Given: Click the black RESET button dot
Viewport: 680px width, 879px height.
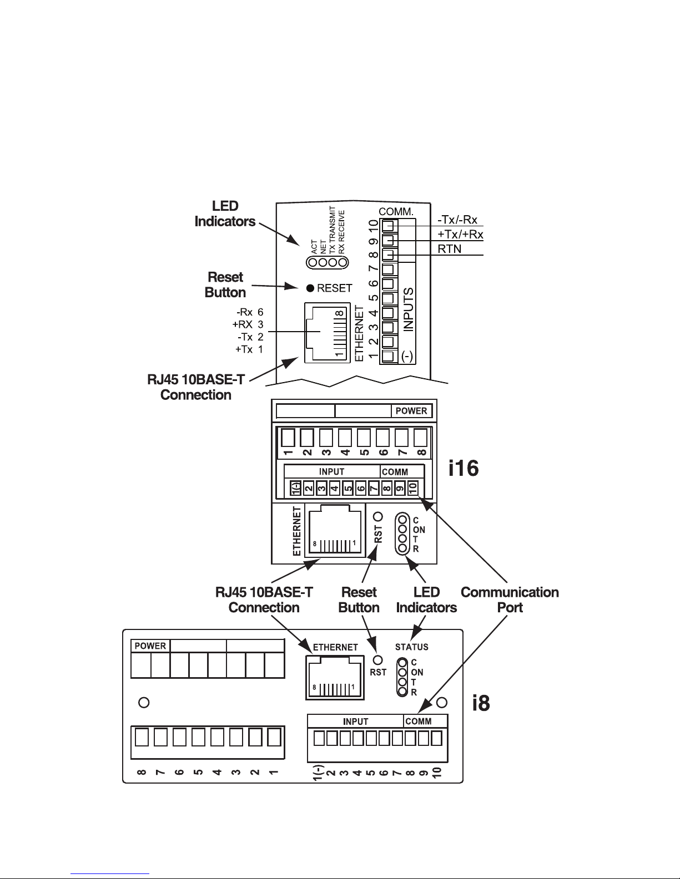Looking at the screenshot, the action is [x=310, y=288].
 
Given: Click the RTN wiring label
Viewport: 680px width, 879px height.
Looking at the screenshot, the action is [x=449, y=249].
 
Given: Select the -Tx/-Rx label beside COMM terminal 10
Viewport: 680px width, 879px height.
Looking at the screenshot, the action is [x=457, y=220].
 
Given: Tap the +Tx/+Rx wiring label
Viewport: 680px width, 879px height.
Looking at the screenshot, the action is [x=460, y=234].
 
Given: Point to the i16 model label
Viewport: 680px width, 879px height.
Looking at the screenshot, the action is [x=464, y=468].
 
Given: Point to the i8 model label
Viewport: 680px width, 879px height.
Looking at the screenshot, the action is [x=481, y=703].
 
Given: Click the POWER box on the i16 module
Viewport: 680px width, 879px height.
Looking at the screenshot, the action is [x=412, y=411].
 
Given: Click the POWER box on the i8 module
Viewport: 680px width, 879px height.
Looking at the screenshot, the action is [x=150, y=646].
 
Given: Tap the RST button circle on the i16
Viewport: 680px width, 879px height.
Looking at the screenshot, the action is [x=378, y=516].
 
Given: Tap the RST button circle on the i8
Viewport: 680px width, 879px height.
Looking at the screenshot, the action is [x=377, y=660].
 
